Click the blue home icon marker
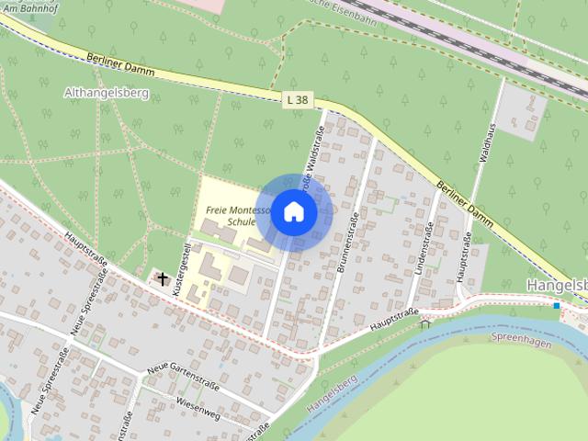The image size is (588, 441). [x=293, y=212]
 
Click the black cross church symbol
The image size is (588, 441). [x=164, y=277]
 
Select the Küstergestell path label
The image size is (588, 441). [x=188, y=260]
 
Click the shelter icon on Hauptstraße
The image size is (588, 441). [x=425, y=322]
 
